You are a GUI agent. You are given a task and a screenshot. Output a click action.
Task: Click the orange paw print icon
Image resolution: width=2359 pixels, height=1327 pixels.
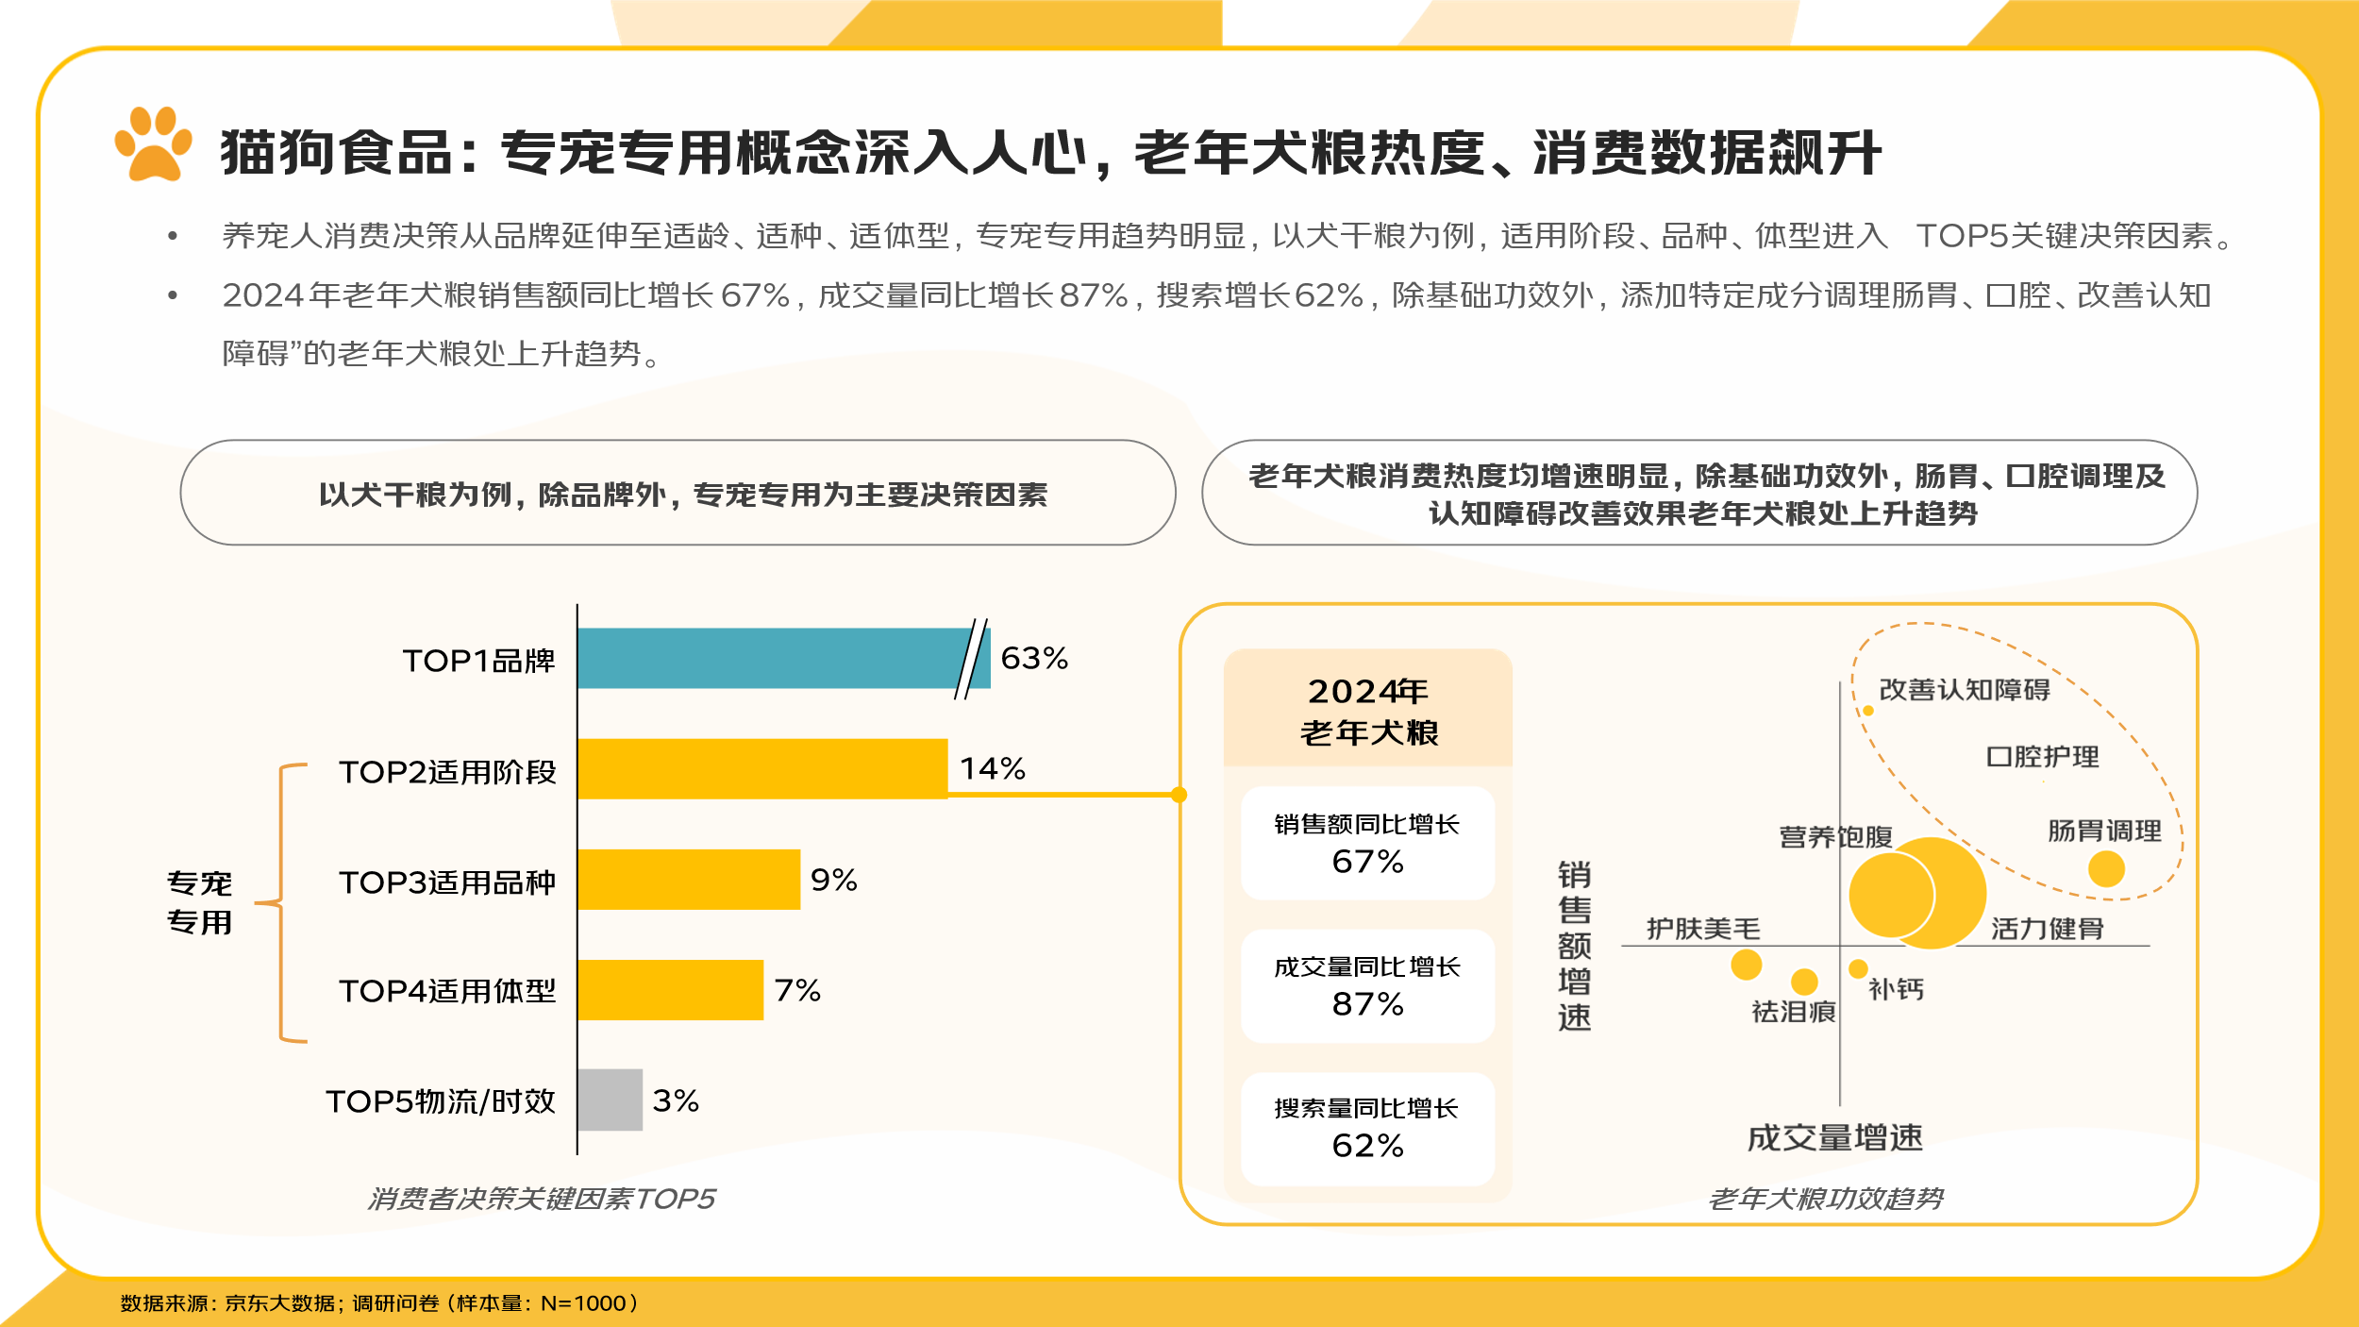coord(153,143)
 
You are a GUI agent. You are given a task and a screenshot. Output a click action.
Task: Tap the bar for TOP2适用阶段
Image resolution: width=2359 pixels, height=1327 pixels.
coord(761,768)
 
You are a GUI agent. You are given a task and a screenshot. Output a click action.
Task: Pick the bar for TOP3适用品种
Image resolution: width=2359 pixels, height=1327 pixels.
coord(688,879)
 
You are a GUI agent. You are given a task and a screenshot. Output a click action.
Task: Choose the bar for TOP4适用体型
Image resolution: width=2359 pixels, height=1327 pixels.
coord(670,989)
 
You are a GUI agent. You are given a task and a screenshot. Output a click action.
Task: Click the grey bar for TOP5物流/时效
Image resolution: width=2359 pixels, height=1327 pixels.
coord(610,1100)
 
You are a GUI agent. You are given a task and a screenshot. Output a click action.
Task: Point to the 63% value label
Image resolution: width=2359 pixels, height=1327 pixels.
coord(1034,658)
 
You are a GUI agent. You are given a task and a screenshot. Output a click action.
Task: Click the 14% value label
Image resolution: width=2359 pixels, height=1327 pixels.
coord(993,768)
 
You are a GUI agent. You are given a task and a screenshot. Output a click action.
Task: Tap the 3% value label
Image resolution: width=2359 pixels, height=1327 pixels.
coord(676,1100)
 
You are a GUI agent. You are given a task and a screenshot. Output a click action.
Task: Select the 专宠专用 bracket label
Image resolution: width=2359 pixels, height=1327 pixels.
coord(199,902)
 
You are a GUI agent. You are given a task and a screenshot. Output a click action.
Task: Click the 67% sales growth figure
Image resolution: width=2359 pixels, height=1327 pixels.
coord(1367,861)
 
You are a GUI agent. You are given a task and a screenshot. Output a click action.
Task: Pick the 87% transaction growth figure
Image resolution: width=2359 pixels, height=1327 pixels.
coord(1367,1003)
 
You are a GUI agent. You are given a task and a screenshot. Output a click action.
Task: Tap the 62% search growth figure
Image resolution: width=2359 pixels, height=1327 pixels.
coord(1367,1145)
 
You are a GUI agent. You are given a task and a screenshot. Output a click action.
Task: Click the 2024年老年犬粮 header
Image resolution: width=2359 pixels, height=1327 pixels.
coord(1368,711)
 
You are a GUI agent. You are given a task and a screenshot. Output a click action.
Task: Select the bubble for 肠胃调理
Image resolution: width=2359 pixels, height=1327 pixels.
coord(2106,868)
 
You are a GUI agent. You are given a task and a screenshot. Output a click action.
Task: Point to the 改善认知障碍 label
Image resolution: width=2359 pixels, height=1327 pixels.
coord(1965,690)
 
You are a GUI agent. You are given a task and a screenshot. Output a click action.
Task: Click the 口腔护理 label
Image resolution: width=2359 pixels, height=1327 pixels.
coord(2043,757)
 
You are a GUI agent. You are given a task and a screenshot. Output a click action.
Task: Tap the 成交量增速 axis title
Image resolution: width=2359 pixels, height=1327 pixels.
coord(1834,1137)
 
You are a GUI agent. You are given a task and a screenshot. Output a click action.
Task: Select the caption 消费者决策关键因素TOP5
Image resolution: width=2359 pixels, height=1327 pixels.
coord(542,1199)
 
